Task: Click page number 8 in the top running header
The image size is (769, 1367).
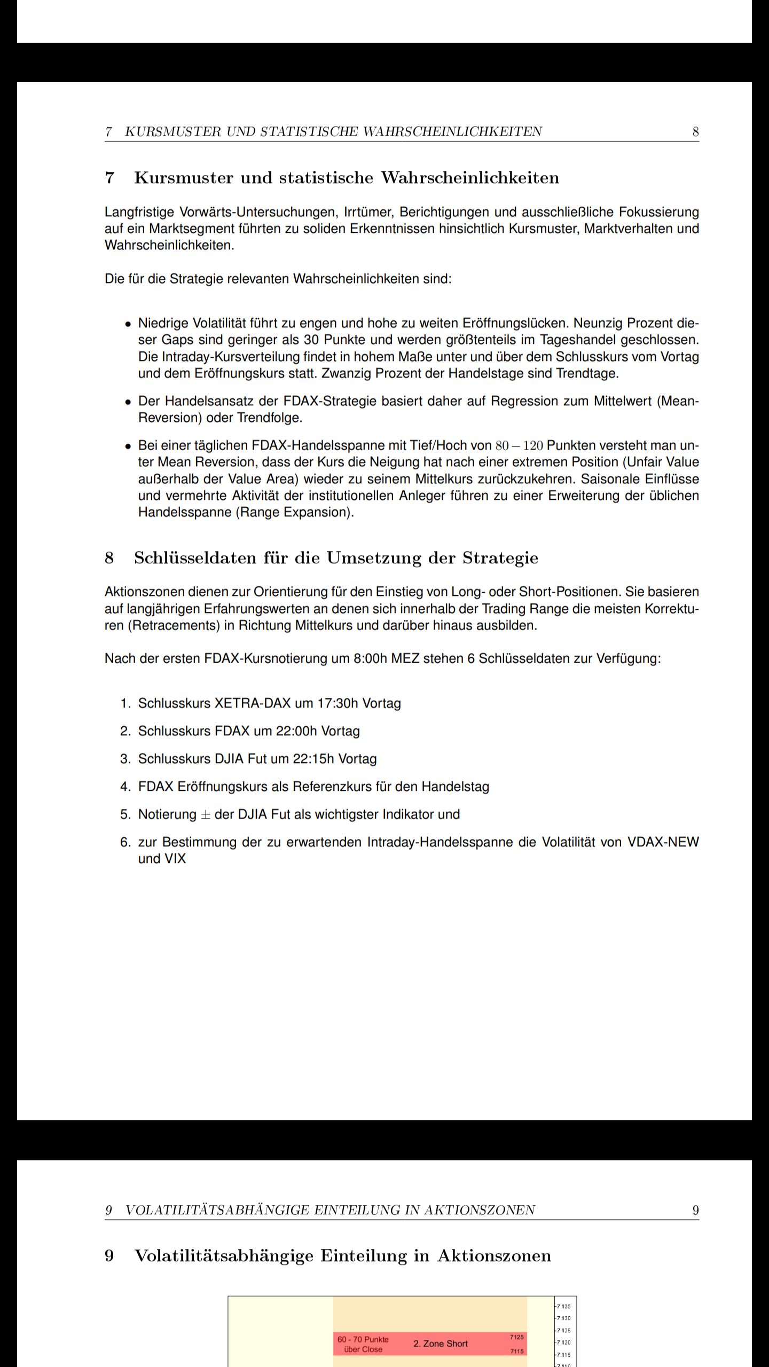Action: pyautogui.click(x=695, y=132)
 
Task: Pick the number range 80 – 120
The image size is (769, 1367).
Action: pyautogui.click(x=519, y=445)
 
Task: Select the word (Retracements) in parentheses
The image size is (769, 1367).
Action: pyautogui.click(x=174, y=625)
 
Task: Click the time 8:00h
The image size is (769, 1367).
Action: pyautogui.click(x=370, y=658)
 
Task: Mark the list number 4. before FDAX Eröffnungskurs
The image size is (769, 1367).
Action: pyautogui.click(x=125, y=787)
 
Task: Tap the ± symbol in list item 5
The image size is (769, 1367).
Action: pyautogui.click(x=206, y=815)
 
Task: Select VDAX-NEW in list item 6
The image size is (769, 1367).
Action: pyautogui.click(x=663, y=842)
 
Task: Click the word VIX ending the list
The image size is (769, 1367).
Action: pyautogui.click(x=176, y=859)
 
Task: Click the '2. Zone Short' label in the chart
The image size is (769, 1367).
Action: pyautogui.click(x=441, y=1344)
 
